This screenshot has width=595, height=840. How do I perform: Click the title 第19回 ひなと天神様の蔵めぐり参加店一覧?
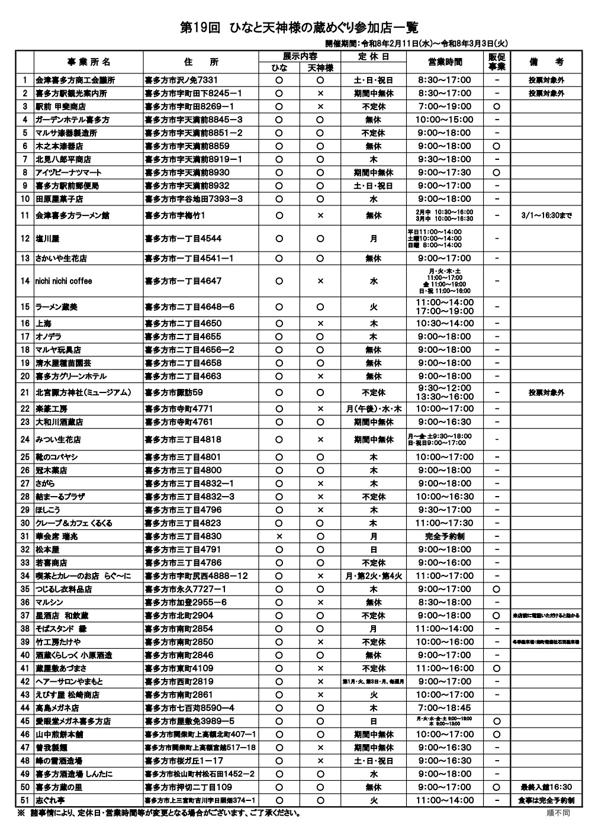point(298,28)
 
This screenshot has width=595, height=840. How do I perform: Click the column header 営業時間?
point(445,62)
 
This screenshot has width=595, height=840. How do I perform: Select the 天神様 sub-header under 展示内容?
point(320,68)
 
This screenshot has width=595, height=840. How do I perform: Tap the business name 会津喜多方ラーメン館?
point(72,215)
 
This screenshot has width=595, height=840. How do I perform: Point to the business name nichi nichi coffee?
point(64,281)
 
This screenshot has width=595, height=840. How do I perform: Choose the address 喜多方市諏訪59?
point(174,392)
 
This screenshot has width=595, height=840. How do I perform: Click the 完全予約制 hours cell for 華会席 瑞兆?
point(445,536)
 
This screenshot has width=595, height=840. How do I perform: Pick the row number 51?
point(24,800)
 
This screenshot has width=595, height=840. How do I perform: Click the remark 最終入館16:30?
point(546,787)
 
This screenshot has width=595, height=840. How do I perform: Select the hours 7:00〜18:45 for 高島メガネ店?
point(445,708)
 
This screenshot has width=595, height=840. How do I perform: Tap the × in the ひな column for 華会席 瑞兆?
point(279,536)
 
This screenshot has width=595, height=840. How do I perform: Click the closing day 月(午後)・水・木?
point(374,409)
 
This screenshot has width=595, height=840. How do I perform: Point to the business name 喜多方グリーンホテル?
point(71,376)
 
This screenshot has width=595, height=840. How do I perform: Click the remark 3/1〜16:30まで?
point(546,215)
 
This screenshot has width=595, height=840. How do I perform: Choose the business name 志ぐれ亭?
point(50,800)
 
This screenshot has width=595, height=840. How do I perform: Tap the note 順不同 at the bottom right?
point(558,813)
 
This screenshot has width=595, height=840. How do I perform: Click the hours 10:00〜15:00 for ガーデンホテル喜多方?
point(445,120)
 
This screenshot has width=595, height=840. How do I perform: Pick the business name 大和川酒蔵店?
point(59,422)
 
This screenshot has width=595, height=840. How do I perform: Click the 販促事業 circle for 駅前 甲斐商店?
point(497,107)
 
